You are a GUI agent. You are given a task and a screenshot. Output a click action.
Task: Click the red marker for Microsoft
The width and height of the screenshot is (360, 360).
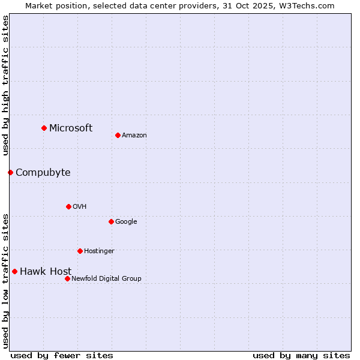(x=44, y=128)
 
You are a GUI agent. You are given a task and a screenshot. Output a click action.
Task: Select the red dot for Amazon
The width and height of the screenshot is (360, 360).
(x=118, y=135)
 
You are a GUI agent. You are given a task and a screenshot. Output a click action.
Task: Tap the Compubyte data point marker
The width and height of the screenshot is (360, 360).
(x=10, y=172)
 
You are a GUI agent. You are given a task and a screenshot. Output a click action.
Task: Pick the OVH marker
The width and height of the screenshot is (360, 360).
(x=68, y=206)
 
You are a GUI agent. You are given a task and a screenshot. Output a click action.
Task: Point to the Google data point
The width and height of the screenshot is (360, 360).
(x=111, y=221)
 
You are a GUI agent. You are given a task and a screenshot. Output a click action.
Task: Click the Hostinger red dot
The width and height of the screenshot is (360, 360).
(x=80, y=251)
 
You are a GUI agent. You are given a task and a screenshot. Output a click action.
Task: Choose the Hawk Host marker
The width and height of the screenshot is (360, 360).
(x=14, y=271)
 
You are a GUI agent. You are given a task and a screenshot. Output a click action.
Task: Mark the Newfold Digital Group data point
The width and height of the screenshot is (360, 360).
(x=67, y=278)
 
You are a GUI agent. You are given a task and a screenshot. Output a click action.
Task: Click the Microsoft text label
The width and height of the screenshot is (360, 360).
(x=71, y=128)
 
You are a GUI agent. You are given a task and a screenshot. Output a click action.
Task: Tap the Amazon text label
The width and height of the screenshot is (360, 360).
(x=134, y=136)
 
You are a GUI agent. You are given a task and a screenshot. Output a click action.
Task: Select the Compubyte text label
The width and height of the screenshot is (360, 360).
(x=43, y=173)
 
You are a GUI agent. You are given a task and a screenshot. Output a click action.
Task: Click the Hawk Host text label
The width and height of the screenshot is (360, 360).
(x=46, y=272)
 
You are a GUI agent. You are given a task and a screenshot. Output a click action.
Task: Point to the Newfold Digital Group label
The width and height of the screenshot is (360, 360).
(x=106, y=278)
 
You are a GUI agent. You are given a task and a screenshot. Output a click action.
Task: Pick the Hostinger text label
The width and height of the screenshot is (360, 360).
(x=99, y=251)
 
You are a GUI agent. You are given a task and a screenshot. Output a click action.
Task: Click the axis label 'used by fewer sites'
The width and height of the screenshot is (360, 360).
(x=62, y=355)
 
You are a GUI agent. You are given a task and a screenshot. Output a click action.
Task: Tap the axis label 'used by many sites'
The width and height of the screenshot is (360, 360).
(x=301, y=355)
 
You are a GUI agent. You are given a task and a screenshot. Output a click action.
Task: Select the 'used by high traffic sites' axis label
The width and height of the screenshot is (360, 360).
(x=5, y=85)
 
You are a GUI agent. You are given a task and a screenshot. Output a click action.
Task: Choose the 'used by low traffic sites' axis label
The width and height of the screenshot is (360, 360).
(x=5, y=280)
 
